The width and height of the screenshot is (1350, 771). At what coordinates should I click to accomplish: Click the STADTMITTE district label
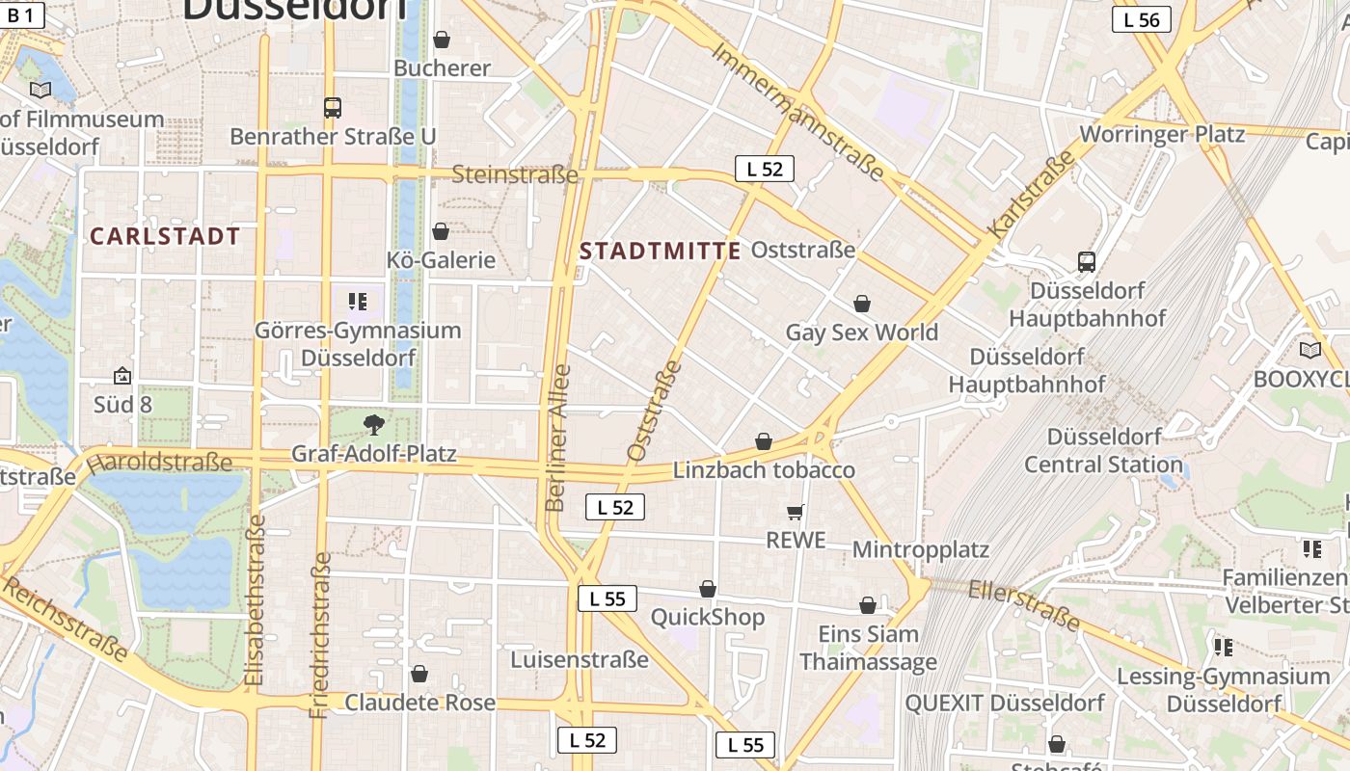(660, 252)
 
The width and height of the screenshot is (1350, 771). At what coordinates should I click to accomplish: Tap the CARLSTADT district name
(164, 236)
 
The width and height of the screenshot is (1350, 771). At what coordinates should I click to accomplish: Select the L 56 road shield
(1141, 19)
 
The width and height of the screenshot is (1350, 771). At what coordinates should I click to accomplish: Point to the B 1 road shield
(20, 14)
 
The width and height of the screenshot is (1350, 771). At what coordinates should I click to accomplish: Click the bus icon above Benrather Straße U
(333, 108)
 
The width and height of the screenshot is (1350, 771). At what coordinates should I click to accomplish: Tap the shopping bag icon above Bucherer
(441, 40)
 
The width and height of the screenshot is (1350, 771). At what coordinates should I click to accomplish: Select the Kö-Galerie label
(441, 260)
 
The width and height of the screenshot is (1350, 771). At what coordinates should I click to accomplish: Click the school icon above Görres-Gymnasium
(358, 302)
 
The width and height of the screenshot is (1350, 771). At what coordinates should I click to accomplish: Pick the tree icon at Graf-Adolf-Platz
(373, 424)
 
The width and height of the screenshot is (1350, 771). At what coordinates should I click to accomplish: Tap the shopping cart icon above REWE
(796, 512)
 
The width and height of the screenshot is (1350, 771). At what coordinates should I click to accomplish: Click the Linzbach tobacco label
(764, 470)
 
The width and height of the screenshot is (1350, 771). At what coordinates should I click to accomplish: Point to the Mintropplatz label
(921, 550)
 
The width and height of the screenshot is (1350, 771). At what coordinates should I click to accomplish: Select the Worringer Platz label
(1163, 134)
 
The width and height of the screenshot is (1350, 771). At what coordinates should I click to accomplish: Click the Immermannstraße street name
(797, 113)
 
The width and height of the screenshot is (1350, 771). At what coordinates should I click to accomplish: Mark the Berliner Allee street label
(557, 438)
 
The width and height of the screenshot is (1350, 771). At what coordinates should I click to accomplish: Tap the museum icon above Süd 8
(122, 376)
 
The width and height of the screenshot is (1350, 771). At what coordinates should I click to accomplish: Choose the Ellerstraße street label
(1024, 605)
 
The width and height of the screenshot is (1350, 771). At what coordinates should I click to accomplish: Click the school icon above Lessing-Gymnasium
(1224, 647)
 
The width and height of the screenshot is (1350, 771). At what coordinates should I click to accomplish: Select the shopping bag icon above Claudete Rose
(419, 674)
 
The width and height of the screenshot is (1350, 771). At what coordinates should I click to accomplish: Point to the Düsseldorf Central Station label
(1103, 451)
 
